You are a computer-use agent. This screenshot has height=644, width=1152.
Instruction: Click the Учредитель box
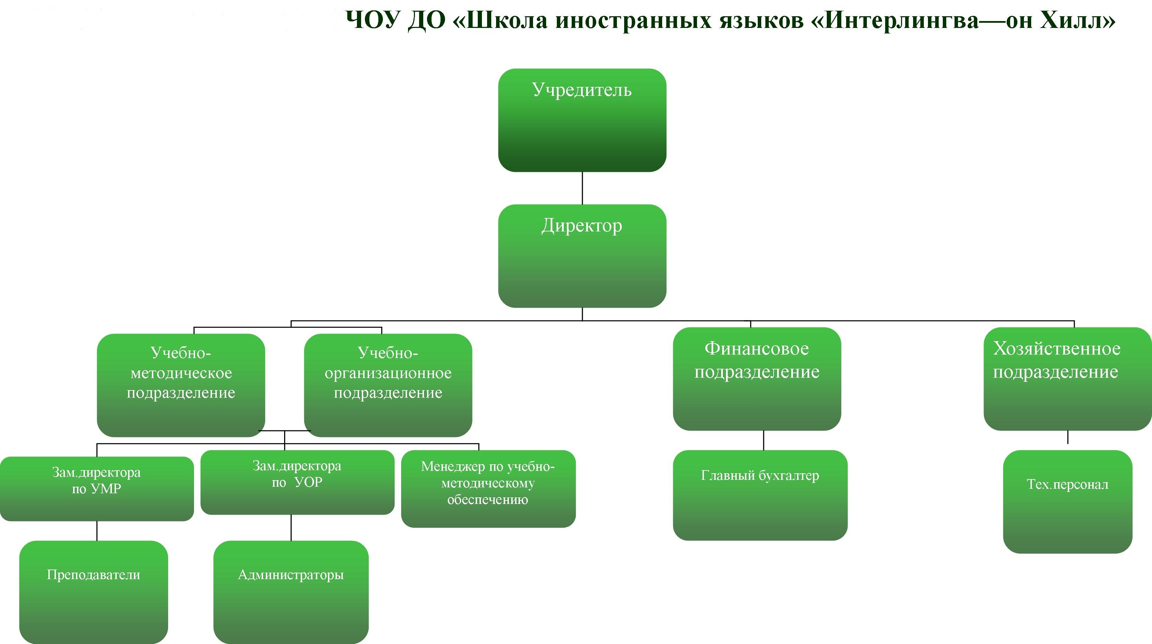point(582,120)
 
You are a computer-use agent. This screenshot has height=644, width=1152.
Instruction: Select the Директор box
point(582,256)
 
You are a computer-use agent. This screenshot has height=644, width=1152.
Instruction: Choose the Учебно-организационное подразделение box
point(388,385)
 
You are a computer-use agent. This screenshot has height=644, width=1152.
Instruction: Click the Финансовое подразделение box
point(757,379)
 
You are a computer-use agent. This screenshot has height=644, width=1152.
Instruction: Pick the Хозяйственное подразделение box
point(1068,379)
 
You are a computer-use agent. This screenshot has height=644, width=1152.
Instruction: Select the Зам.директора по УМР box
point(97,489)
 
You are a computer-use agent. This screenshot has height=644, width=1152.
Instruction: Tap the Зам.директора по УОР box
point(297,482)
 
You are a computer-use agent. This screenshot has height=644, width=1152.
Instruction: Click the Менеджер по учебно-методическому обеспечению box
point(488,489)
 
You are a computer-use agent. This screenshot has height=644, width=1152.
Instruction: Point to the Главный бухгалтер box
point(760,495)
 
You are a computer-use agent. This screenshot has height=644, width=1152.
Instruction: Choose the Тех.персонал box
point(1068,502)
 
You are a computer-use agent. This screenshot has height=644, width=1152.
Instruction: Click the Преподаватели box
point(94,592)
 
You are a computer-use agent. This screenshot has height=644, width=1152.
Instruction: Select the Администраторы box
point(291,592)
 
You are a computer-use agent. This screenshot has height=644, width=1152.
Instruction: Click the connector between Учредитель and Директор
point(582,188)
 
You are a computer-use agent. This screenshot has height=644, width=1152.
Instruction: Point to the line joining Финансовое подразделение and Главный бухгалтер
point(763,440)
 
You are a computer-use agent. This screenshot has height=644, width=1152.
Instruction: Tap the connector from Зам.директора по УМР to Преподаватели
point(97,531)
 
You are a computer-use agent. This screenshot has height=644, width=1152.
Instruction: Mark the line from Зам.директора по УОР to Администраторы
point(291,528)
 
